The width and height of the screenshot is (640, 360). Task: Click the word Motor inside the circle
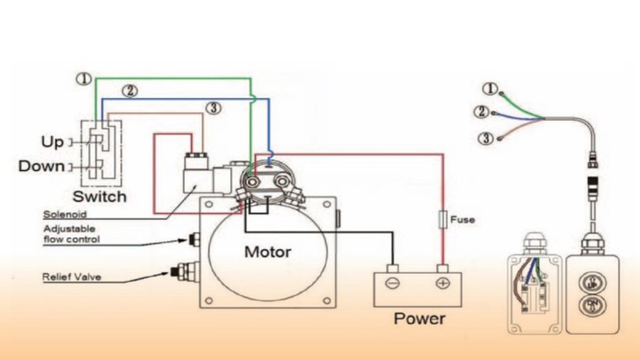[267, 251]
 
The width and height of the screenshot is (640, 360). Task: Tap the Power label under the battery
[419, 318]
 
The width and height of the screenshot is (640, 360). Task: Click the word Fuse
[462, 220]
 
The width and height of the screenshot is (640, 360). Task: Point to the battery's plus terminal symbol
[442, 283]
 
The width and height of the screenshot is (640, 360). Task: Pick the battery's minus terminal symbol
[393, 283]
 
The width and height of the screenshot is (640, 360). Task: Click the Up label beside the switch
[52, 142]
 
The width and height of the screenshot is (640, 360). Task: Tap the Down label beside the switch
[41, 166]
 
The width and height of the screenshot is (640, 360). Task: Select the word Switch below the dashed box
[100, 196]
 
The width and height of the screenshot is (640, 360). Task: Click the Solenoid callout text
[65, 213]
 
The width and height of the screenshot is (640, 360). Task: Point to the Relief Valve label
[72, 277]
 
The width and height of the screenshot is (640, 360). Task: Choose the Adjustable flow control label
[71, 234]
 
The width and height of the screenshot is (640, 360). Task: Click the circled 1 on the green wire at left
[84, 79]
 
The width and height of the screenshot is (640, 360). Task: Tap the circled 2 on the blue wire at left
[129, 90]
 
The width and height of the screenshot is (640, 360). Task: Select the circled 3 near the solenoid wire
[213, 108]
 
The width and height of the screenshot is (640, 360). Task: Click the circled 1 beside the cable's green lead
[489, 89]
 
